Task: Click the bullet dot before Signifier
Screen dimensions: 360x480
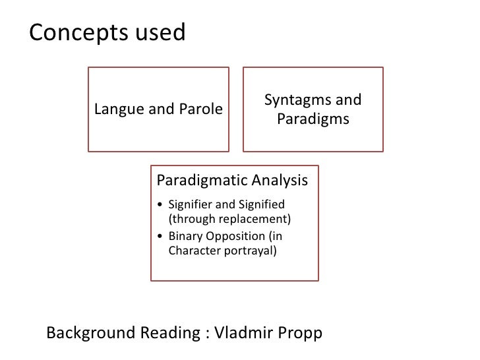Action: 162,203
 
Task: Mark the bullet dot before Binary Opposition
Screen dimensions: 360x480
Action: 162,235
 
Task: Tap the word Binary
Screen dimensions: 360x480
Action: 185,235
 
